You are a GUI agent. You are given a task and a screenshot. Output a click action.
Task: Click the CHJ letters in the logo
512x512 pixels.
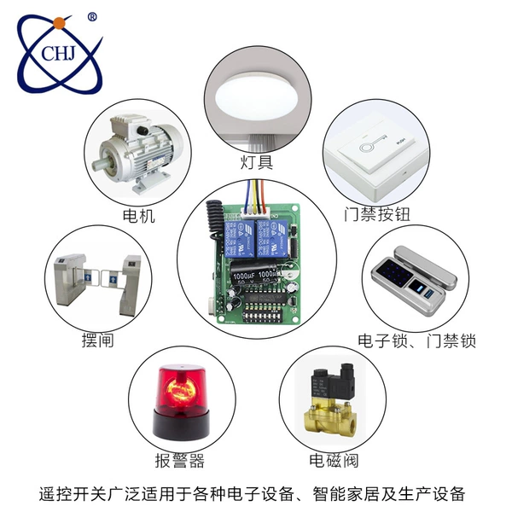click(x=58, y=53)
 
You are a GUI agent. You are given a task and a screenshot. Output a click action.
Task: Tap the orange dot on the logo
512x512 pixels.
click(x=60, y=23)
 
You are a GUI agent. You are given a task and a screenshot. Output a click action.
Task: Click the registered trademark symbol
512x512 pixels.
click(x=92, y=17)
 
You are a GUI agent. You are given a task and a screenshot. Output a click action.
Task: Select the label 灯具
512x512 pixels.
click(x=256, y=162)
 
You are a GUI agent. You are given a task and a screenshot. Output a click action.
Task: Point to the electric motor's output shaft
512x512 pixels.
click(x=98, y=163)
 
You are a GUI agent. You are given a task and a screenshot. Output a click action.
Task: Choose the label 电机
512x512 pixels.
click(x=138, y=216)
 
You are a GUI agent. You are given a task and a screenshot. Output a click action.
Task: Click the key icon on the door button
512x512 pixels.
click(x=373, y=144)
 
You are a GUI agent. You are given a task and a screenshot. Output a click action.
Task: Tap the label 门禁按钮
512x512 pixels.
click(x=377, y=214)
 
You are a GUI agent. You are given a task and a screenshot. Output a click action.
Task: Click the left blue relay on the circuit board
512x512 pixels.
click(x=240, y=238)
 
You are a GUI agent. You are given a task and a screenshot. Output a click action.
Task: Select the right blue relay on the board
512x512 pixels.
click(x=272, y=239)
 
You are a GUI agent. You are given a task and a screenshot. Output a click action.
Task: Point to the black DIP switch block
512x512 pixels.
click(x=262, y=316)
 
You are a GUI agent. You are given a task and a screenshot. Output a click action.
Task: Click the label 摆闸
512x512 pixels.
click(x=97, y=340)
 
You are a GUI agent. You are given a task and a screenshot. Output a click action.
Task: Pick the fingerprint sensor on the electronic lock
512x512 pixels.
click(x=416, y=288)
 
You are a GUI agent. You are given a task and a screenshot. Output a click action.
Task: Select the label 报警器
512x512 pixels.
click(x=179, y=461)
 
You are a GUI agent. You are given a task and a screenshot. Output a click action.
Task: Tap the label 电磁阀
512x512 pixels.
click(x=334, y=461)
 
